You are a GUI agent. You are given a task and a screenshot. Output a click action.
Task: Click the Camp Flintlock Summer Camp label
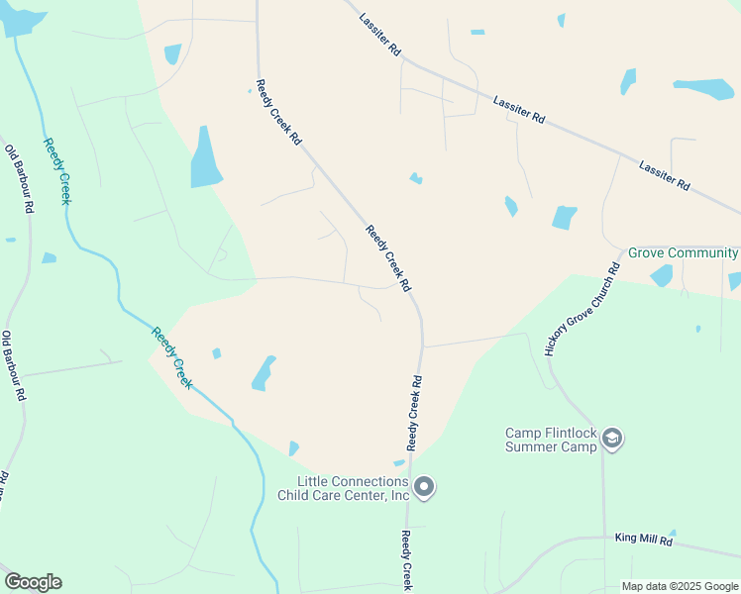coord(552,440)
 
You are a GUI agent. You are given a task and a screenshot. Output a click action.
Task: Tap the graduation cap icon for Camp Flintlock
coord(612,439)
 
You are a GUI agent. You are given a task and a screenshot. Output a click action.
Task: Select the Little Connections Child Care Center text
coord(344,488)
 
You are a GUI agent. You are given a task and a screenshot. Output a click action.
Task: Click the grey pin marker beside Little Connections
coord(425,487)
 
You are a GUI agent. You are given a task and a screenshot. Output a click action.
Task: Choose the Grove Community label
coord(684,253)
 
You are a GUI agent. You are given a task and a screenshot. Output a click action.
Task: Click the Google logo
coord(33,582)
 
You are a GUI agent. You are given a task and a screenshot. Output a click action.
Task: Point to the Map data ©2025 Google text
coord(680,586)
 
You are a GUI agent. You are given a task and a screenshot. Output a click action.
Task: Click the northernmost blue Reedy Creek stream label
coord(57,171)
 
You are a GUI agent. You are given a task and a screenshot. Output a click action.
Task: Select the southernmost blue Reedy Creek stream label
coord(171,357)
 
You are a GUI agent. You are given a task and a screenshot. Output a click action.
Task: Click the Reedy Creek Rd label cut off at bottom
coord(407,560)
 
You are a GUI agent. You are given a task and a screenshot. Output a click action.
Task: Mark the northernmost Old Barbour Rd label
coord(19,179)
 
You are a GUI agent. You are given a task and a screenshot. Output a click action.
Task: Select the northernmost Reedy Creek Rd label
coord(278,113)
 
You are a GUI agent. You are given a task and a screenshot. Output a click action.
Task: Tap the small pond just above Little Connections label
coord(399,462)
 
